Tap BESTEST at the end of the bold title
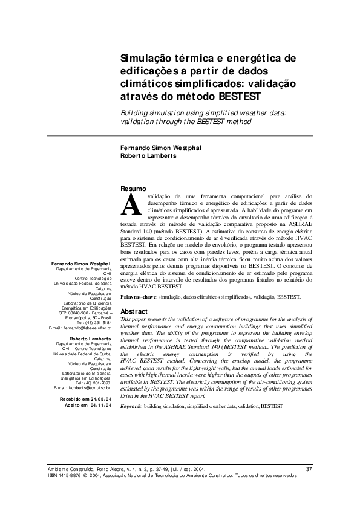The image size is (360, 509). [x=238, y=96]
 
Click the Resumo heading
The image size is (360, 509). [x=134, y=189]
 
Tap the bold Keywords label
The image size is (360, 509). [x=131, y=407]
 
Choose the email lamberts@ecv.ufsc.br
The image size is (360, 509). [x=90, y=387]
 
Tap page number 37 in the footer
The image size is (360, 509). [x=309, y=469]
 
